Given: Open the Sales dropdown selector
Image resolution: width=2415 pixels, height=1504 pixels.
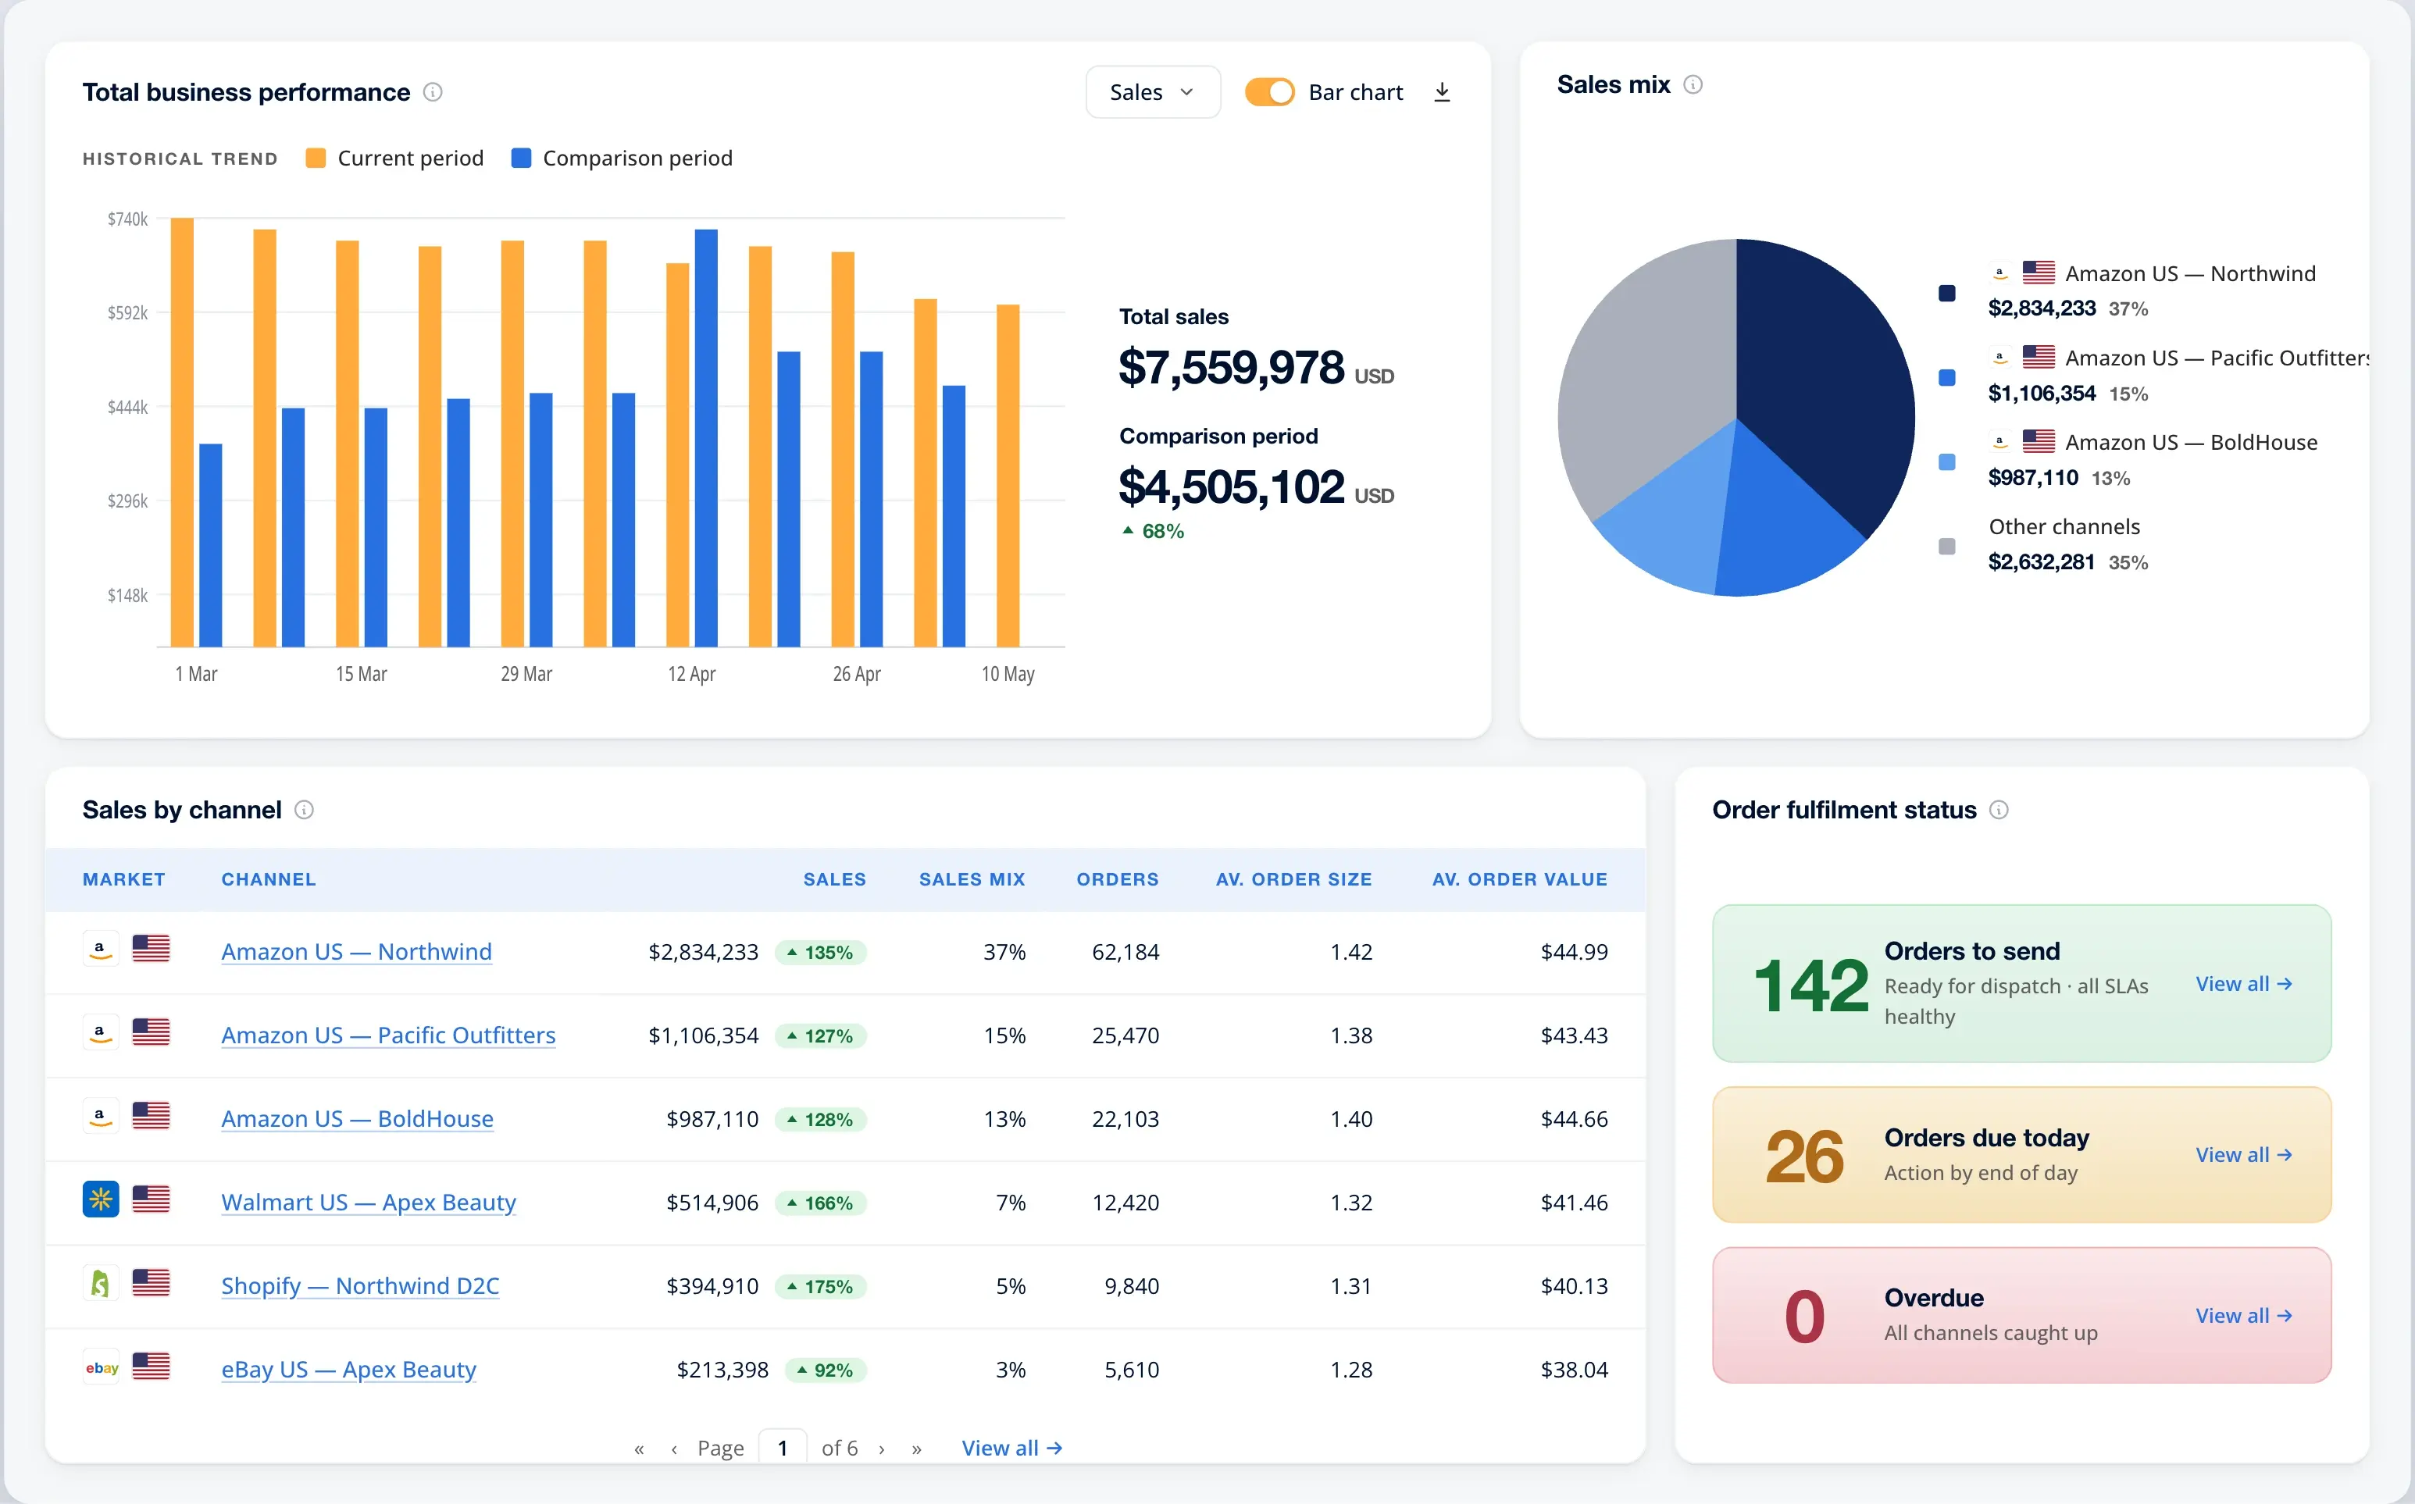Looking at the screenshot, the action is tap(1152, 92).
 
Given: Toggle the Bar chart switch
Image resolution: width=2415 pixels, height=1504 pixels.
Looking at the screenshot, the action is tap(1269, 92).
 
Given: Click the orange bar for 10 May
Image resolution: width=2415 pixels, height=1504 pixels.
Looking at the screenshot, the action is tap(1008, 476).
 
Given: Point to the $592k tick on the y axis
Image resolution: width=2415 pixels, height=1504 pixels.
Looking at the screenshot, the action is tap(127, 313).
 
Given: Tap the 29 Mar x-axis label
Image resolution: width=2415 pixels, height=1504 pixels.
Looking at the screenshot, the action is tap(526, 675).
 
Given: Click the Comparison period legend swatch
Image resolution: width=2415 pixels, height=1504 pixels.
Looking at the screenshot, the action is tap(521, 159).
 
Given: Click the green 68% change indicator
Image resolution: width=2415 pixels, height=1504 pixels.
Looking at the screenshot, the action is tap(1153, 531).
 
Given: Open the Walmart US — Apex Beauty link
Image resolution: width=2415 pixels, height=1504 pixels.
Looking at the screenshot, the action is tap(368, 1203).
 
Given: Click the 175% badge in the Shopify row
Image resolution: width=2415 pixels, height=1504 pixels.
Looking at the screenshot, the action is tap(821, 1286).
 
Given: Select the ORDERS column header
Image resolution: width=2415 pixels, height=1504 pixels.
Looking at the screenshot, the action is tap(1117, 879).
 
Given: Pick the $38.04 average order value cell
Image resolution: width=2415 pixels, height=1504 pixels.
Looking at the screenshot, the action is tap(1574, 1370).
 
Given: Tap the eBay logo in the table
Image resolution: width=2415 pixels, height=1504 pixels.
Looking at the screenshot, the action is tap(102, 1367).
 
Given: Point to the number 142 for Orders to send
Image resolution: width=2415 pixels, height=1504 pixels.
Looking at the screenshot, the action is tap(1810, 985).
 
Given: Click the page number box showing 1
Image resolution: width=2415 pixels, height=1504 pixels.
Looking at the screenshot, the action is tap(783, 1447).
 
